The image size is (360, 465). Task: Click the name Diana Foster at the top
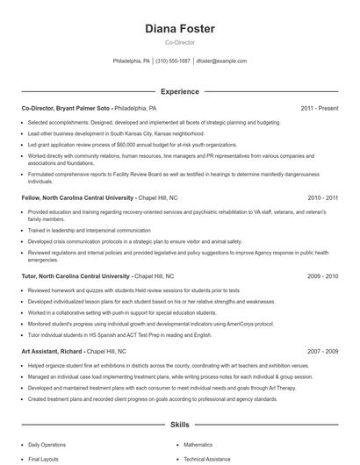pos(180,29)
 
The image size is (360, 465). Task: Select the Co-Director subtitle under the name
pos(180,42)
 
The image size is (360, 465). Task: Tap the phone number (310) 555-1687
pos(173,61)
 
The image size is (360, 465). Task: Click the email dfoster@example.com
pos(221,61)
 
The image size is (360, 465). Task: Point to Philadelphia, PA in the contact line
pos(132,61)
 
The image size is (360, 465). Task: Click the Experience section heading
pos(180,91)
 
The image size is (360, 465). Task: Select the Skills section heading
pos(180,424)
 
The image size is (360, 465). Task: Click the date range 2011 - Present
pos(319,109)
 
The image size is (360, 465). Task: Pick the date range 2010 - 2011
pos(322,198)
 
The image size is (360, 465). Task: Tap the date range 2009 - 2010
pos(322,275)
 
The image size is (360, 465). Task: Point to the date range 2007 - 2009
pos(322,351)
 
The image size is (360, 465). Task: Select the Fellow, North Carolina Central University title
pos(77,198)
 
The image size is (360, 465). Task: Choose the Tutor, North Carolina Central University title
pos(76,275)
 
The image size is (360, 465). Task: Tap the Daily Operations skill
pos(47,445)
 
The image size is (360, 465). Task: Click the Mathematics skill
pos(198,445)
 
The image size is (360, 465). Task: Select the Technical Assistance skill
pos(207,459)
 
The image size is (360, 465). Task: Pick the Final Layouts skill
pos(43,459)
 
